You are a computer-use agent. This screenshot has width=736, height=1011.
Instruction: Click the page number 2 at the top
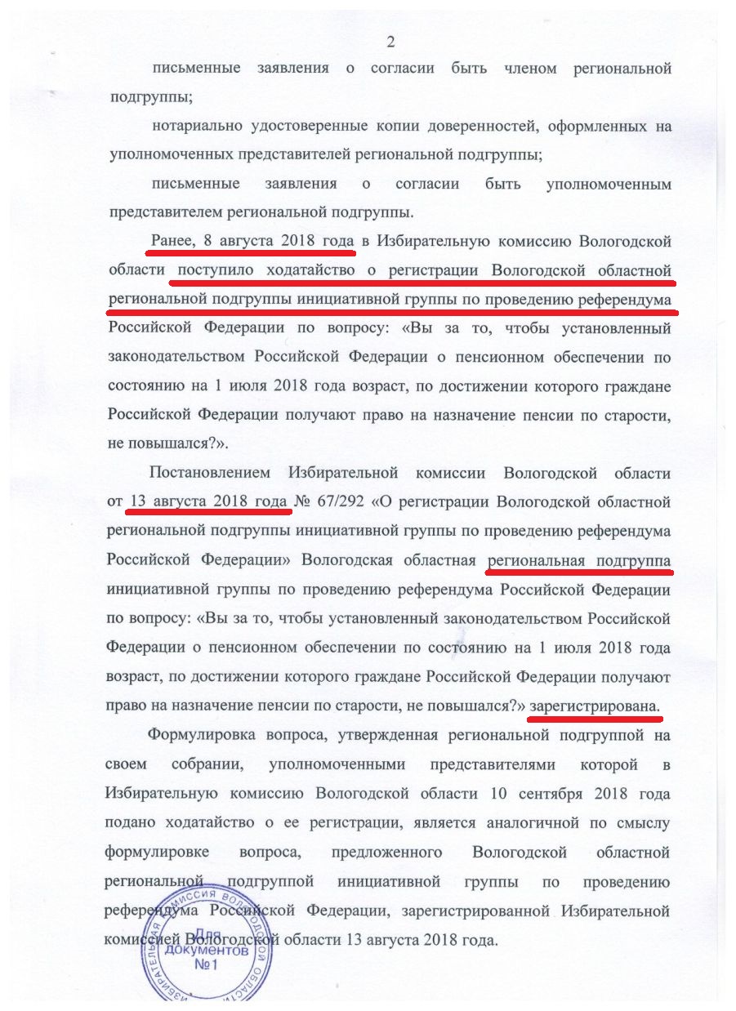click(390, 42)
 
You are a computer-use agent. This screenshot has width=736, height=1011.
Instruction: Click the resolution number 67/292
click(341, 501)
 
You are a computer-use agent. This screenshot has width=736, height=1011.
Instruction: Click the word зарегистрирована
click(594, 703)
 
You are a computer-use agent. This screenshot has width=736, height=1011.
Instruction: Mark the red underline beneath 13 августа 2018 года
click(209, 513)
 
